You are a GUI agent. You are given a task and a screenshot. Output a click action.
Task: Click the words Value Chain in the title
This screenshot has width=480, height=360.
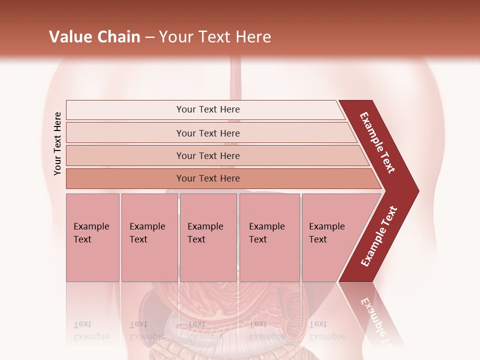94,37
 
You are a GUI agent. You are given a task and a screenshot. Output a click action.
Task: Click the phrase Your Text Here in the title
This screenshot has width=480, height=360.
215,37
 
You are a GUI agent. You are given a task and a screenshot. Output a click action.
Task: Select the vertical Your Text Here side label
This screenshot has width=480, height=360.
57,143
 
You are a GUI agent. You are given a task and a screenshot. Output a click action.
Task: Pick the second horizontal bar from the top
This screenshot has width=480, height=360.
207,133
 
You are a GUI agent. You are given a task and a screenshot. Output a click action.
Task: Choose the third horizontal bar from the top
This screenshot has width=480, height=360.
207,155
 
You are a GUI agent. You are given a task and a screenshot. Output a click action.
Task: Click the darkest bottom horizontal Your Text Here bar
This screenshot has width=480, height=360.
207,178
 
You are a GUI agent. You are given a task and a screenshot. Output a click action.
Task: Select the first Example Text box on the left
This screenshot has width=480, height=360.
92,237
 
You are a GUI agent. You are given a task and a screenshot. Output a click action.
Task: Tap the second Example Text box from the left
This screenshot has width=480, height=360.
149,237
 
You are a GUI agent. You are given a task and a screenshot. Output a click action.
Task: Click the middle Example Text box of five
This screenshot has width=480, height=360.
208,237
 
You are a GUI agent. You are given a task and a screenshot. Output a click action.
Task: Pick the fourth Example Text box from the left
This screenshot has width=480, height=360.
269,237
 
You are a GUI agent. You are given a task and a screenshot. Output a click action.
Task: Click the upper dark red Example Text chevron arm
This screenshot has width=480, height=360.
378,143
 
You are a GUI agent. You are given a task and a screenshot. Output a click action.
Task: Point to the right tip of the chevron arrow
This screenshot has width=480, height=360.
417,191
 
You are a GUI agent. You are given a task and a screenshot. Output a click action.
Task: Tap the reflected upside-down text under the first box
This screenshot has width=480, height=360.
91,330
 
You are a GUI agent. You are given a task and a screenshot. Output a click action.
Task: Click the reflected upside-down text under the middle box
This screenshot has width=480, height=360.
205,330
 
